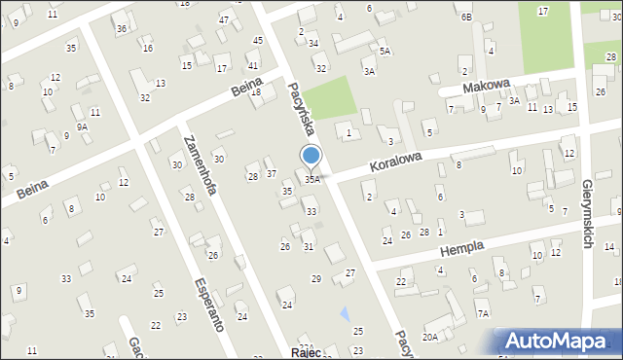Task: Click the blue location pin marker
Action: [311, 157]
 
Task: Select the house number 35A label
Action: [312, 179]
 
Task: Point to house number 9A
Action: [83, 126]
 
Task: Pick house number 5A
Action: [385, 51]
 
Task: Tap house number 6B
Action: [466, 17]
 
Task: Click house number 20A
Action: [429, 337]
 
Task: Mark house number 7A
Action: [482, 313]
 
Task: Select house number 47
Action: [224, 20]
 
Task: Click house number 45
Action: [257, 40]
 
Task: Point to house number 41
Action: [252, 65]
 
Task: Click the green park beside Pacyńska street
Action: [332, 98]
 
